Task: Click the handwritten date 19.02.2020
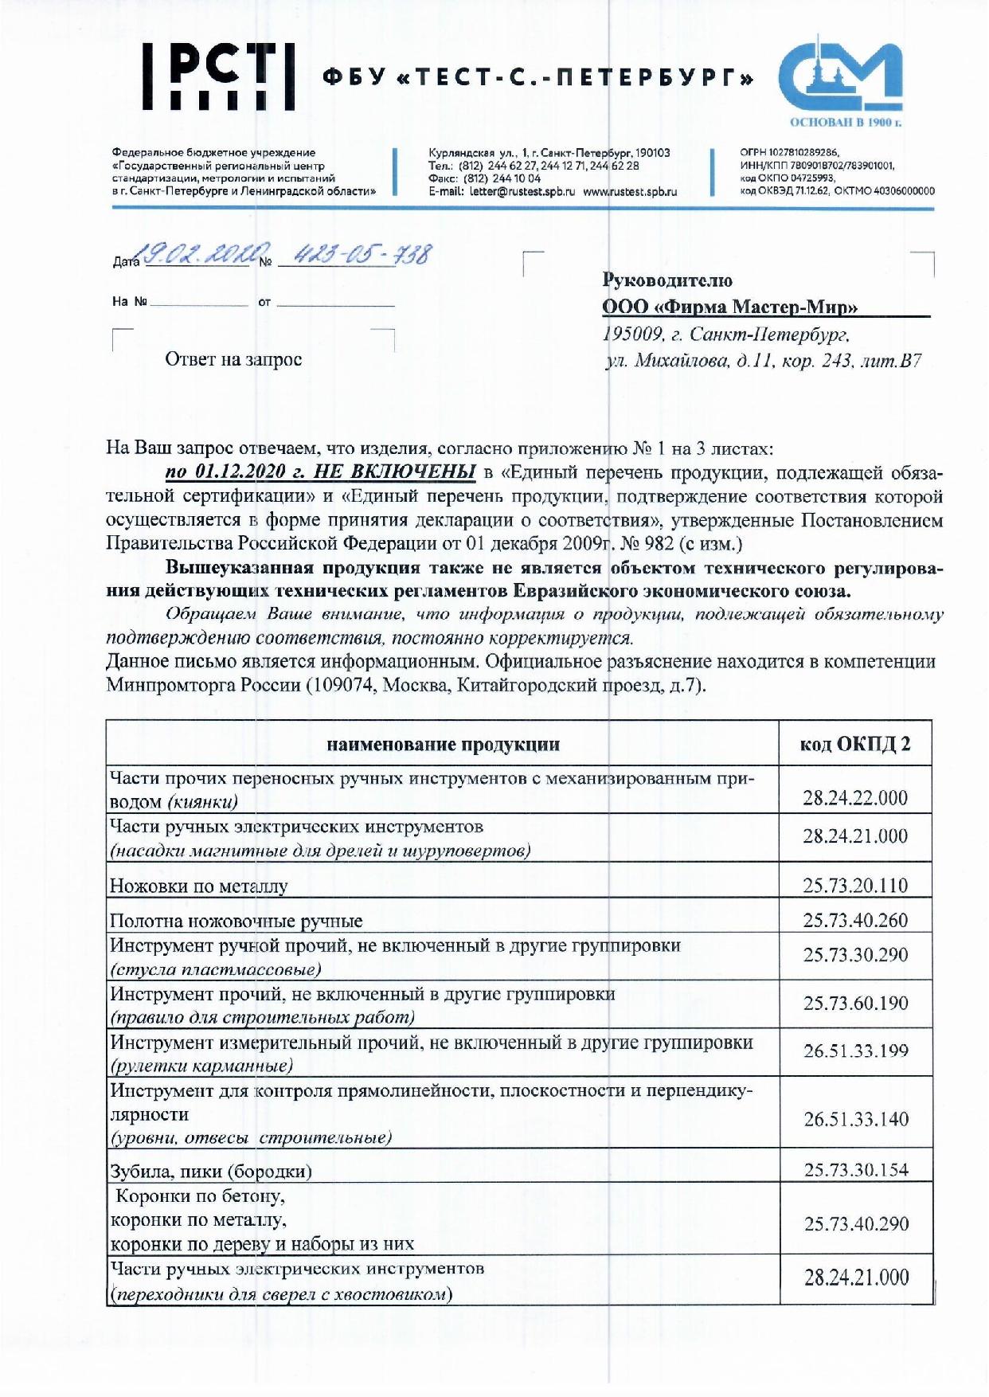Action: [x=197, y=255]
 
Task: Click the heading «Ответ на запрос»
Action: [x=233, y=360]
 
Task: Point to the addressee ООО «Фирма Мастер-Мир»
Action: [x=729, y=307]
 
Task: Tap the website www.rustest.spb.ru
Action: [x=630, y=192]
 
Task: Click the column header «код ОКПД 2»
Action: [x=855, y=744]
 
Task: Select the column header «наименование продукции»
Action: [x=443, y=745]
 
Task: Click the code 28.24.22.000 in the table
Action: [x=855, y=798]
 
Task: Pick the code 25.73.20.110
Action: [x=855, y=886]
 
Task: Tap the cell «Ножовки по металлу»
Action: [x=199, y=886]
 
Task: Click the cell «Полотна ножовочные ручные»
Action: [x=236, y=922]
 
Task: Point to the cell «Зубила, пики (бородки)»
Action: [x=211, y=1171]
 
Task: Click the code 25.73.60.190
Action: [x=855, y=1003]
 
